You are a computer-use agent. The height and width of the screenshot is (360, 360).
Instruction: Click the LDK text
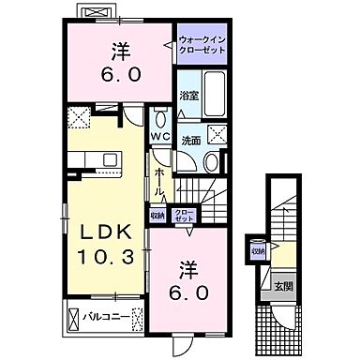[98, 232]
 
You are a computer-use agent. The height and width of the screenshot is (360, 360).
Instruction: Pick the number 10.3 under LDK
[98, 255]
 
